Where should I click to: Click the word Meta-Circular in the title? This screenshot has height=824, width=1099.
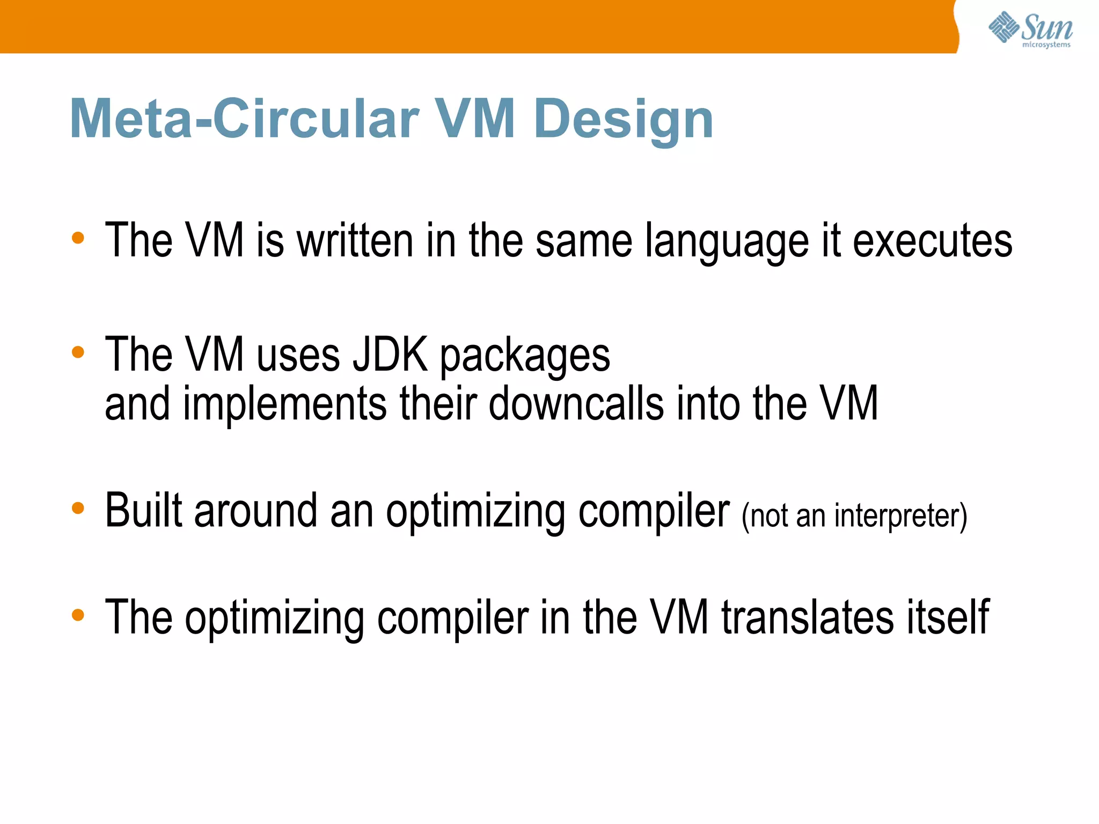pos(244,119)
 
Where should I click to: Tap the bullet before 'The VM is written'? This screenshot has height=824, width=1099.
pos(78,238)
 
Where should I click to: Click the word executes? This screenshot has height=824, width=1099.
pos(932,241)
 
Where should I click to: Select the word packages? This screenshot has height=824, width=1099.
pos(525,357)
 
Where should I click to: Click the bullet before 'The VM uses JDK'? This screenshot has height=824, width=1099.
pos(78,352)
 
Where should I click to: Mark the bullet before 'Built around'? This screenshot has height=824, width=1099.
pos(78,507)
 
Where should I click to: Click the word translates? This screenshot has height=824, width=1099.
pos(808,617)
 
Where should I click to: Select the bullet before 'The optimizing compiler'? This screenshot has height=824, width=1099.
pos(78,615)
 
